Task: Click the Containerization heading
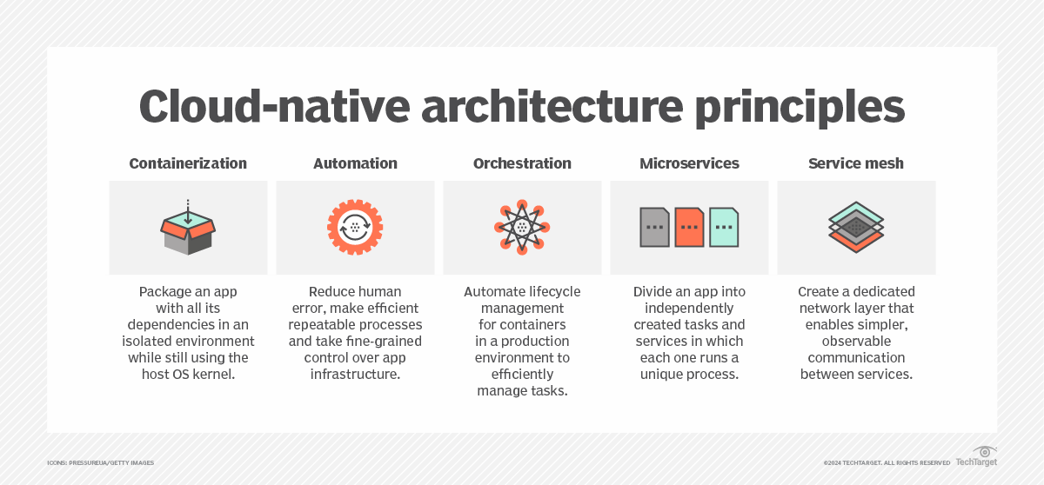click(188, 163)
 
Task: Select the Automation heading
click(355, 163)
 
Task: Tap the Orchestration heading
click(522, 163)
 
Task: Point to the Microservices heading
click(689, 163)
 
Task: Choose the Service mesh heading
click(856, 163)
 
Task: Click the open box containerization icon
click(188, 229)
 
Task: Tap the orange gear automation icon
click(355, 228)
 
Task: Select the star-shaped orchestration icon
click(522, 228)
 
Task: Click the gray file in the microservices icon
click(654, 228)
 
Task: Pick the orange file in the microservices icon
click(689, 228)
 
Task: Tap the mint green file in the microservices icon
click(724, 228)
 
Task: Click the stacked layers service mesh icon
click(856, 228)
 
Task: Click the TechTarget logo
click(976, 458)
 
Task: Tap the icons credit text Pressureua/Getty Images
click(100, 462)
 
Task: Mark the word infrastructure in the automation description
click(355, 374)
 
